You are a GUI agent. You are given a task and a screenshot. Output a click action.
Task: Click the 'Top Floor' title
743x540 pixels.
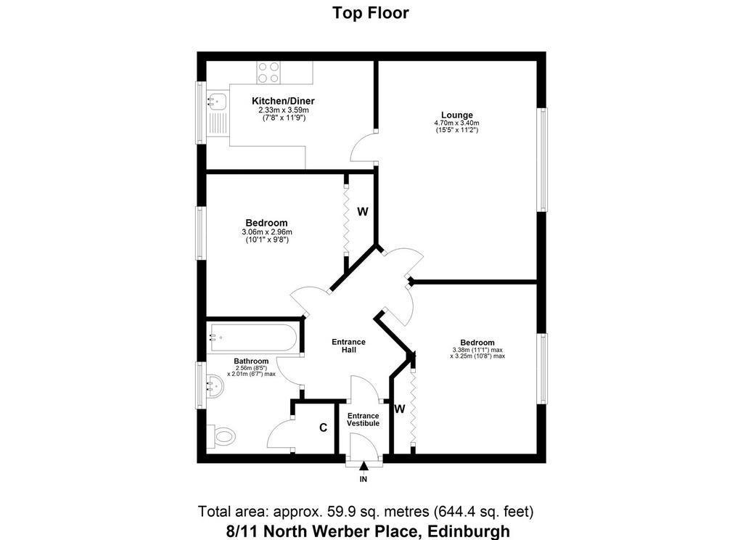click(370, 13)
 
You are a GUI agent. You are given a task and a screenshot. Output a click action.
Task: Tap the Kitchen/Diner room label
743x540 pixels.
click(283, 101)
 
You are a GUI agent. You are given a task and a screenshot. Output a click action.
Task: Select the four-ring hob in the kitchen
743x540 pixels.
click(268, 73)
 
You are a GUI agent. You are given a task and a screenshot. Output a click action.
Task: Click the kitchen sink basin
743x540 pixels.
click(217, 101)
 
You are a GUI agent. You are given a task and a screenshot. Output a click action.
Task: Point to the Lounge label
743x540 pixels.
click(457, 115)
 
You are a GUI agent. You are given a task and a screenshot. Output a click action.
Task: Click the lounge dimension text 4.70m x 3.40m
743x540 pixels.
click(457, 123)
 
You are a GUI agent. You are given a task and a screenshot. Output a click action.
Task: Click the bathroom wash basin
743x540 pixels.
click(215, 384)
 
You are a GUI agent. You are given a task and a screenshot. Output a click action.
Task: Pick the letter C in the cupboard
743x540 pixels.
click(323, 427)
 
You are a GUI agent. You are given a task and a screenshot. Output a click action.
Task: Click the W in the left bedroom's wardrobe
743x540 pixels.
click(363, 211)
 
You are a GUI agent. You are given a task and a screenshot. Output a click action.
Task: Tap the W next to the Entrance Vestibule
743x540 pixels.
click(400, 409)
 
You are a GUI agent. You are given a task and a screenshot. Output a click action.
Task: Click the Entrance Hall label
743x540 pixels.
click(348, 345)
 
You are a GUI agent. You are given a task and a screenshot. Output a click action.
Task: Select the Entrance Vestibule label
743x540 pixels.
click(363, 420)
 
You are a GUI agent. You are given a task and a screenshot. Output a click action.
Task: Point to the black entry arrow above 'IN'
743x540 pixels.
click(364, 466)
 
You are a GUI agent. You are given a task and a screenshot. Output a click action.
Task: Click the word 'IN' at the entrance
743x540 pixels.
click(364, 479)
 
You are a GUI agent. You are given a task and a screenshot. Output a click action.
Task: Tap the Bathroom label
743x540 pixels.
click(251, 361)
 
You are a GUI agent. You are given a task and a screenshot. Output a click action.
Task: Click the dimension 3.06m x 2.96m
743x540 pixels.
click(267, 232)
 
